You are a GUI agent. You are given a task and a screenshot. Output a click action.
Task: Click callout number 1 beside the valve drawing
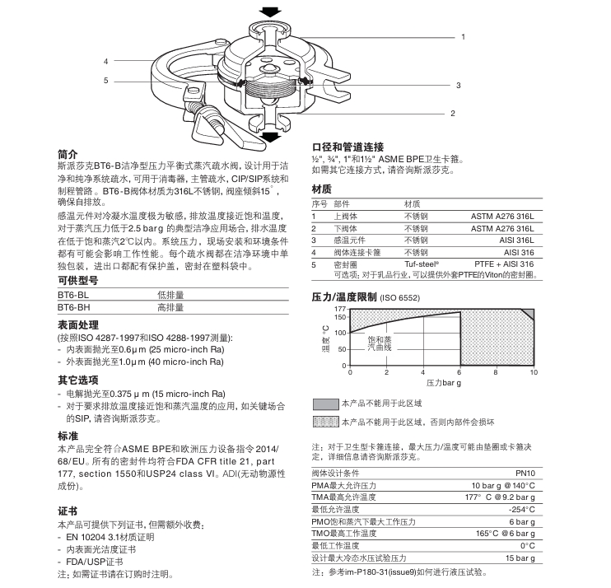click(463, 37)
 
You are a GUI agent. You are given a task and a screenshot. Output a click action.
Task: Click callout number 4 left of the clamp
click(106, 62)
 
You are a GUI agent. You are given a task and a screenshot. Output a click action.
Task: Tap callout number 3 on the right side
click(459, 86)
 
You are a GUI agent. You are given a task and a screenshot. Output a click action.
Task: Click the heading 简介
click(68, 154)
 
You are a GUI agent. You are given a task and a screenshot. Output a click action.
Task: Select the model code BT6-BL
click(72, 293)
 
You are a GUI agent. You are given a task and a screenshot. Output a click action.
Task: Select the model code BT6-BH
click(72, 306)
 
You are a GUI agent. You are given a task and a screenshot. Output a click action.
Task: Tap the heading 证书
click(68, 511)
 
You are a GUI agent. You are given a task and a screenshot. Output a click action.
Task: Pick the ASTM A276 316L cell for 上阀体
click(502, 216)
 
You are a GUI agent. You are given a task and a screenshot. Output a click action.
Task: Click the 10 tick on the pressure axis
click(534, 373)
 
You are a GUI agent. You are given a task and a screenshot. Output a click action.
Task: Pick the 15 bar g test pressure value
click(520, 558)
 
